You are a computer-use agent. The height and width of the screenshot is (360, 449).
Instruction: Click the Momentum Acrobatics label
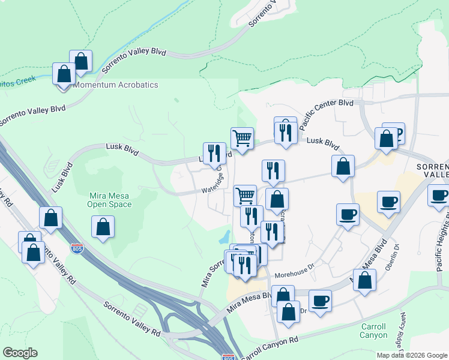[116, 85]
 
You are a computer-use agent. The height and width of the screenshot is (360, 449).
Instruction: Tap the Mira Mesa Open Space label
[110, 200]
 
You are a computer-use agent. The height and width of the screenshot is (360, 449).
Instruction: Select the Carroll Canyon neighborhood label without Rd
[373, 331]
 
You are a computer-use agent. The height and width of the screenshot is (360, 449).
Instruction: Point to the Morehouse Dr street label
[294, 275]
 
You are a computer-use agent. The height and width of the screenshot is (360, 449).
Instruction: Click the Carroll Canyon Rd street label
[270, 347]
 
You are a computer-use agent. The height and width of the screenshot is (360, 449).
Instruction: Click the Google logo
[20, 353]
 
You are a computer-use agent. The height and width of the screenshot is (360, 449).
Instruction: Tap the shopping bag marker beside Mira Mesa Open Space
[103, 227]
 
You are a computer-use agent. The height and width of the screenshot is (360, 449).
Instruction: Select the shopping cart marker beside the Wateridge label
[245, 195]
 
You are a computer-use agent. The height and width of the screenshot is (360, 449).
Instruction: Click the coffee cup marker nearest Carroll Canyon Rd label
[321, 301]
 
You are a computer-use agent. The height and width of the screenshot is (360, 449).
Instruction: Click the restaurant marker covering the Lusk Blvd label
[214, 153]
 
